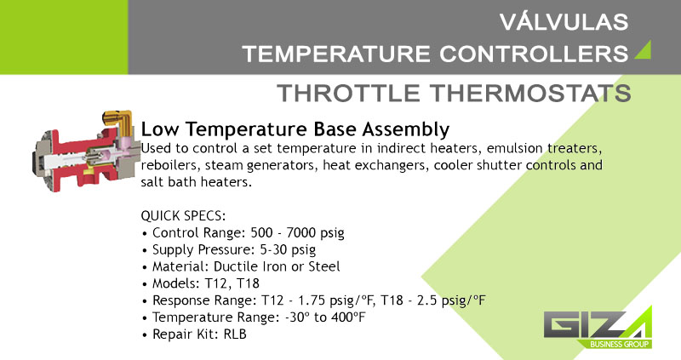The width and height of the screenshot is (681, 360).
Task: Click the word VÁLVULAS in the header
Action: click(564, 22)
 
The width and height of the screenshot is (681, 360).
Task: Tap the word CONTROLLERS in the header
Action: click(534, 54)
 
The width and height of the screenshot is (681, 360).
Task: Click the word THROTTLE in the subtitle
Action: click(348, 93)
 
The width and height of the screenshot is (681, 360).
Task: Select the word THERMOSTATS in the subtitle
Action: click(530, 93)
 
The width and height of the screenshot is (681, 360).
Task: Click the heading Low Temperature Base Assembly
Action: click(295, 129)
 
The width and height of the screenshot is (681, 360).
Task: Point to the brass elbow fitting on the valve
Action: click(118, 121)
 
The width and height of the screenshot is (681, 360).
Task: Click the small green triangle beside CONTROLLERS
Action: click(643, 49)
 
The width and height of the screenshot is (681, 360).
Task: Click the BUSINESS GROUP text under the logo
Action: click(620, 345)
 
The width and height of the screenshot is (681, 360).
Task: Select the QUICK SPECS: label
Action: click(183, 216)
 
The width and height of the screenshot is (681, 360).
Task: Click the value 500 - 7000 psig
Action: click(297, 232)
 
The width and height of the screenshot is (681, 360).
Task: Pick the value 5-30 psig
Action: click(288, 249)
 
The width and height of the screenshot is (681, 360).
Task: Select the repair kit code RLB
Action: click(235, 334)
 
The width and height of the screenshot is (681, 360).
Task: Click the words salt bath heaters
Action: click(197, 182)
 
